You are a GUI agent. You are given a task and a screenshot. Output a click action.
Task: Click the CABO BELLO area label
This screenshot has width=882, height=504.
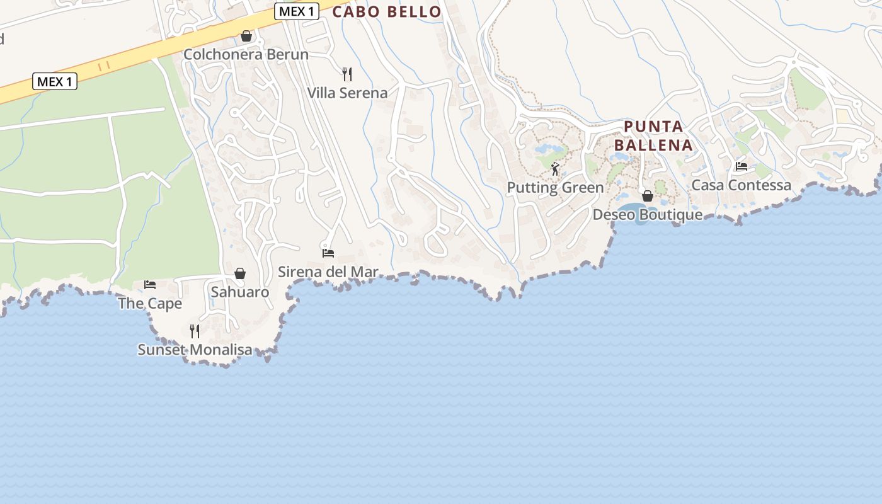387,12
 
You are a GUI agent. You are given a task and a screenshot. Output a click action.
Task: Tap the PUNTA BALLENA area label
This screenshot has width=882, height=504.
653,135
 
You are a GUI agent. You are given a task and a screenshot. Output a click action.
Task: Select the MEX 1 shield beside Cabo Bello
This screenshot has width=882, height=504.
297,11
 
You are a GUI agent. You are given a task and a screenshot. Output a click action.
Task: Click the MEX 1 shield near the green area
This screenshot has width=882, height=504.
54,81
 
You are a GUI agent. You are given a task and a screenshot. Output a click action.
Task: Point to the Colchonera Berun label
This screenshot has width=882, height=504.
246,55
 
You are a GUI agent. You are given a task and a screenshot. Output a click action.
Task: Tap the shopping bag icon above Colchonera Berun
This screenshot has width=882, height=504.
246,37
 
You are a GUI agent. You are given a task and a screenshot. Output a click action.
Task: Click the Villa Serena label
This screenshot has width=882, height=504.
347,93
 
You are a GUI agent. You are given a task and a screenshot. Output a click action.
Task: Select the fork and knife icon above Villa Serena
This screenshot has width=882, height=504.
346,74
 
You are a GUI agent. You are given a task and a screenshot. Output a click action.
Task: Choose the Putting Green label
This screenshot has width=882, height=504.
555,188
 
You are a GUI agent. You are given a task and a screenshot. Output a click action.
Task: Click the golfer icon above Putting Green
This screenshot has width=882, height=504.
555,169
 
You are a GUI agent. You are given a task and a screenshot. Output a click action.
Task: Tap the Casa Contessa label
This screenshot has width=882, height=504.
741,185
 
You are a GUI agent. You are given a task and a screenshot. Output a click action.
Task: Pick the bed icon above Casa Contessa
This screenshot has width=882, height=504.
742,166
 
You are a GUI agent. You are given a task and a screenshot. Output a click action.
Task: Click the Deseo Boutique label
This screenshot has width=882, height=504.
647,215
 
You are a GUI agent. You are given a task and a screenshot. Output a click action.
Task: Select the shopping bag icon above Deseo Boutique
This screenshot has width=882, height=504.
647,196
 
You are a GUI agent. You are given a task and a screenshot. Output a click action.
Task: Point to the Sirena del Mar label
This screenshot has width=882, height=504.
328,272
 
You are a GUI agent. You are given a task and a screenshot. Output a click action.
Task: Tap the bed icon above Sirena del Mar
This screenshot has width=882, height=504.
328,253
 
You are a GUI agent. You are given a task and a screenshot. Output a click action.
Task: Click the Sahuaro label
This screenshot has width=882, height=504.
239,292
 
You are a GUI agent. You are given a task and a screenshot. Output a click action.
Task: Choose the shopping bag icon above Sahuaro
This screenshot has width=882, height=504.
240,273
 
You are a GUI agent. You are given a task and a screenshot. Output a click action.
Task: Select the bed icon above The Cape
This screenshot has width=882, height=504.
150,285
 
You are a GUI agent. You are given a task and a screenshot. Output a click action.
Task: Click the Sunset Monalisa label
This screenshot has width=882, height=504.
195,350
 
